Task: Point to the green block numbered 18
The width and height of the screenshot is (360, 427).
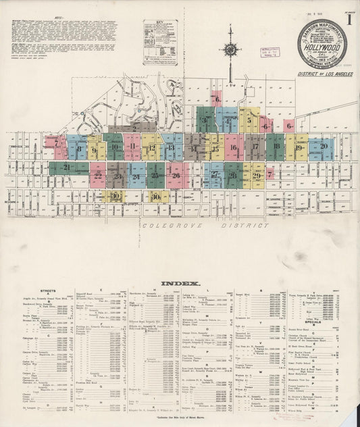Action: click(275, 147)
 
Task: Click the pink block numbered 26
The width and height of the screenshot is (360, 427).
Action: click(176, 175)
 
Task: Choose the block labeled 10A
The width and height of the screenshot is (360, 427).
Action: click(157, 197)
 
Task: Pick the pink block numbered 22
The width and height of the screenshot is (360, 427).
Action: click(99, 176)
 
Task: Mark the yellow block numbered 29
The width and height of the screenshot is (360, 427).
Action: click(257, 175)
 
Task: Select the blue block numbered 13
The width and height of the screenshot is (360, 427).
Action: click(171, 147)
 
